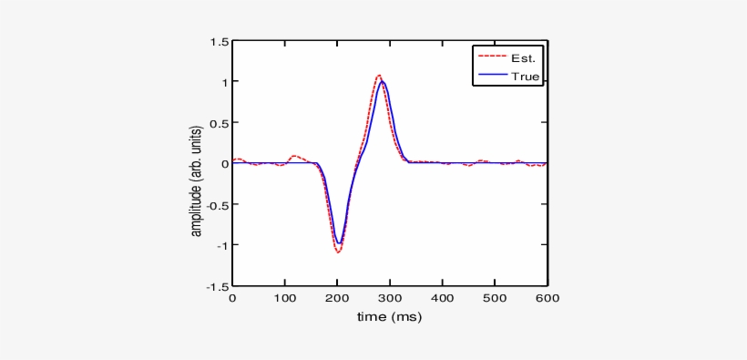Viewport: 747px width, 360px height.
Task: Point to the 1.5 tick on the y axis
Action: [x=219, y=42]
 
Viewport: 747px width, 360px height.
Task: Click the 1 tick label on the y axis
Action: [x=223, y=82]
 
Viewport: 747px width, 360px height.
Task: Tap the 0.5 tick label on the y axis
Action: [x=219, y=123]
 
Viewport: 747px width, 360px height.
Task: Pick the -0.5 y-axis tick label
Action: [x=217, y=204]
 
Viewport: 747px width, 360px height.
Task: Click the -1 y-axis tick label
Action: [x=220, y=245]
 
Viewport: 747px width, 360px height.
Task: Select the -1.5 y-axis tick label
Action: [x=217, y=285]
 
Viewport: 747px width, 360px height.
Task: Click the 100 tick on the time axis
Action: [x=285, y=298]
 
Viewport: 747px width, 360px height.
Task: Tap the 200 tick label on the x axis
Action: [x=338, y=298]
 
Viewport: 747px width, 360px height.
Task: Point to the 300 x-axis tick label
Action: [x=390, y=298]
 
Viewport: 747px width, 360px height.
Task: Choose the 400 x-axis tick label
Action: [x=443, y=298]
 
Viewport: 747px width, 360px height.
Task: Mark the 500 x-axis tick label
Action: [x=495, y=298]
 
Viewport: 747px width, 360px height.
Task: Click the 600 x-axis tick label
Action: [x=547, y=298]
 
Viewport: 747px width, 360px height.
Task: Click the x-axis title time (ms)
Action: [x=390, y=317]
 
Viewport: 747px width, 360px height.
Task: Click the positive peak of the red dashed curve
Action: [x=379, y=76]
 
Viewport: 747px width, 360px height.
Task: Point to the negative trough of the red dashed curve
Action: [x=338, y=252]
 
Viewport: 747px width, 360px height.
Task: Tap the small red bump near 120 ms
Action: [x=294, y=156]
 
